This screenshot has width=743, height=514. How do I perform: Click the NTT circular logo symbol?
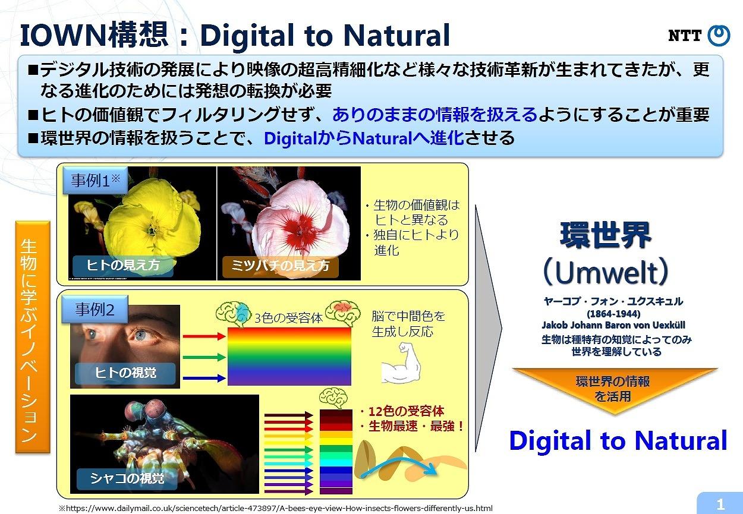(x=719, y=35)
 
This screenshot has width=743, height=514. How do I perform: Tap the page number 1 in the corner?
(x=720, y=504)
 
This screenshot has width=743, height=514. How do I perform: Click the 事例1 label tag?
(x=95, y=181)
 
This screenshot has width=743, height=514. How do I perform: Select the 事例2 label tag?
(x=95, y=310)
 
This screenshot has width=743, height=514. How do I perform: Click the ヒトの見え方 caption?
(x=123, y=265)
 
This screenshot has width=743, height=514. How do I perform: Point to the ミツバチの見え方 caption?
(x=281, y=266)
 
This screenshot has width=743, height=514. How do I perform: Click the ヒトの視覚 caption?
(x=125, y=373)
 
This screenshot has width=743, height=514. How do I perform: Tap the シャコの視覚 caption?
(x=127, y=478)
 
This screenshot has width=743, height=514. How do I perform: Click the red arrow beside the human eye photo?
(x=204, y=336)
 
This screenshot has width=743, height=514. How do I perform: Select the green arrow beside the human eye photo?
(x=204, y=357)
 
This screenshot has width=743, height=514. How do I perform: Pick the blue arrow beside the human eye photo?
(x=204, y=378)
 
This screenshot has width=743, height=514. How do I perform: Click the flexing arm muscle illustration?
(x=401, y=363)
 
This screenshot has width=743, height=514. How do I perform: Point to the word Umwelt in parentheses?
(x=605, y=273)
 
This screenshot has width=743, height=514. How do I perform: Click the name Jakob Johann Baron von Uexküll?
(x=613, y=325)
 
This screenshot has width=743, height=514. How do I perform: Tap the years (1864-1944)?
(x=613, y=314)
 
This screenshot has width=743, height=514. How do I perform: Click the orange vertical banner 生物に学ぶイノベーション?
(x=33, y=337)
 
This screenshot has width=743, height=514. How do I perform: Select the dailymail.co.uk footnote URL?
(x=276, y=508)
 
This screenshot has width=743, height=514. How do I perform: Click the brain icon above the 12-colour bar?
(x=333, y=398)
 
